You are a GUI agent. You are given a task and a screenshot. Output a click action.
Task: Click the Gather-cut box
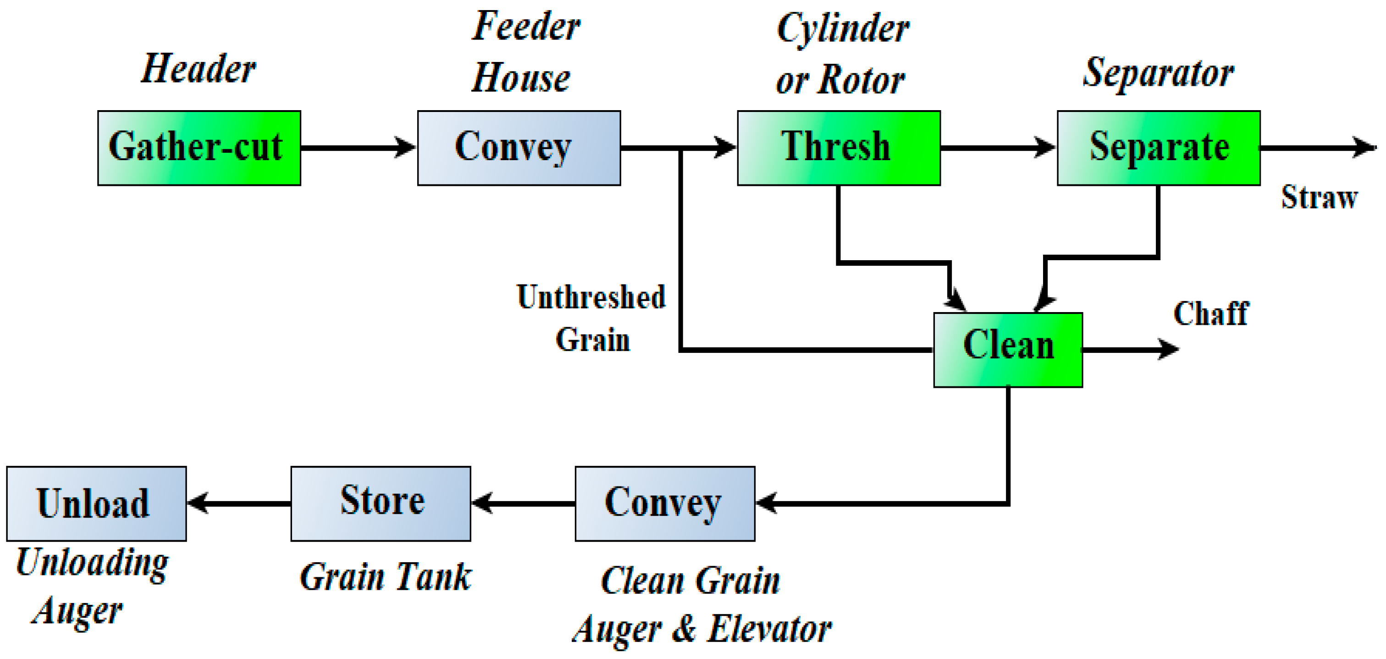coord(199,148)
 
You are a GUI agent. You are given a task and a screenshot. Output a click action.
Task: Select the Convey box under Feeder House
coord(519,148)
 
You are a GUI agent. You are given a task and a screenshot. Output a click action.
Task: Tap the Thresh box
coord(838,148)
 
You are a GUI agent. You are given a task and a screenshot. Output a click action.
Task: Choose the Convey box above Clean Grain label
coord(664,503)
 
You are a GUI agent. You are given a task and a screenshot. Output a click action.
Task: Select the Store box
coord(381,503)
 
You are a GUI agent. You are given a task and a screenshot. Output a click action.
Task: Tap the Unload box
coord(96,503)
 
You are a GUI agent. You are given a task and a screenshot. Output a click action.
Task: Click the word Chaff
coord(1210,314)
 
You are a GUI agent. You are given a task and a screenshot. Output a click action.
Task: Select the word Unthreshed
coord(591,297)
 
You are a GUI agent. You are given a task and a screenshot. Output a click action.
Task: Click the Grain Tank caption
coord(385,577)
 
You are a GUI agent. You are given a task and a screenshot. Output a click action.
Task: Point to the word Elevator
coord(769,629)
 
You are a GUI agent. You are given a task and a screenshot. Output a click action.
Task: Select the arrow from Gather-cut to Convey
coord(358,147)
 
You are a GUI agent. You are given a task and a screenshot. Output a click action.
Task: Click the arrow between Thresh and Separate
coord(998,147)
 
